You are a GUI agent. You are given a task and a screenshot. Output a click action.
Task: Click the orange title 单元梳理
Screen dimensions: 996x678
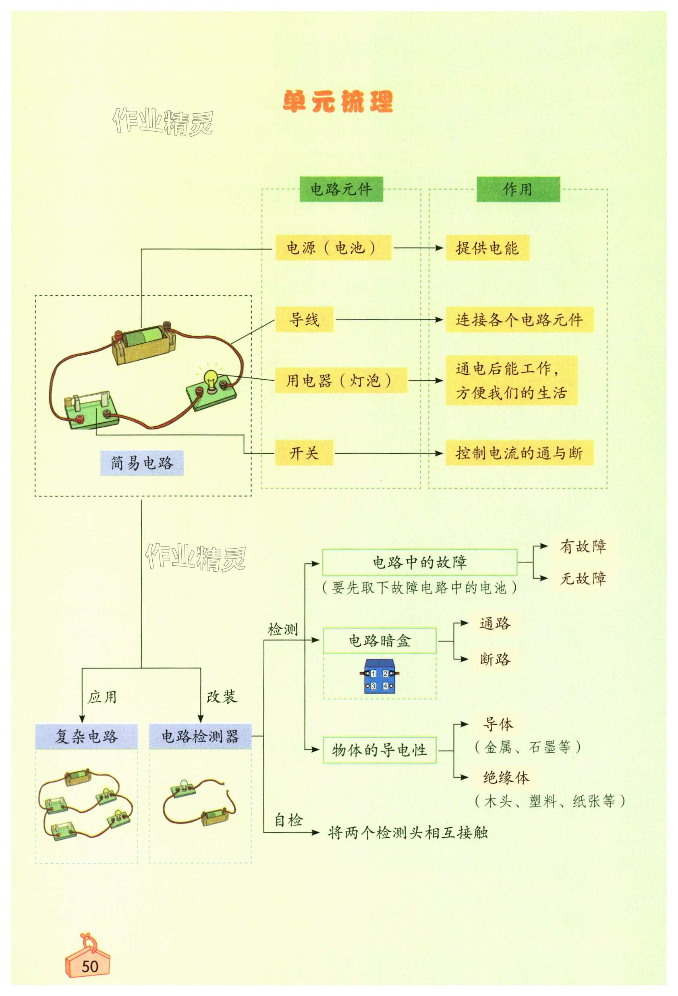[x=338, y=102]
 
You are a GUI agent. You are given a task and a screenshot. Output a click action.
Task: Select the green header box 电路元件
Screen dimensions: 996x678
[x=341, y=189]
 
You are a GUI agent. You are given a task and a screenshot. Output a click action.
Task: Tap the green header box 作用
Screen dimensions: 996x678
[x=518, y=189]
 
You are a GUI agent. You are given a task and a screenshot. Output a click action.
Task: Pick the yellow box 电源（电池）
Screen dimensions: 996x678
[x=333, y=247]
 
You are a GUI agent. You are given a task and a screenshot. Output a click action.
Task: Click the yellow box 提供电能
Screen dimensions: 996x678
[x=487, y=247]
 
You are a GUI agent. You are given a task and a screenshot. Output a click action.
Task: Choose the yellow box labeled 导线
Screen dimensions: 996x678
[x=304, y=319]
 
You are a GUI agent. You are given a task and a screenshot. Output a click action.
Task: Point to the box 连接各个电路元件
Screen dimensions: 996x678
[x=519, y=319]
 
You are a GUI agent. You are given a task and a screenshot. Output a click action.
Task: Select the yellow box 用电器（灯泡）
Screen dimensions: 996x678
[x=340, y=380]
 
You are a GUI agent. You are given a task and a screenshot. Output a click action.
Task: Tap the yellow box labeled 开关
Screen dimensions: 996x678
[x=304, y=452]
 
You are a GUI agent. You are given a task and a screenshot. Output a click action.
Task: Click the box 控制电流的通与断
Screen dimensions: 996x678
[x=519, y=452]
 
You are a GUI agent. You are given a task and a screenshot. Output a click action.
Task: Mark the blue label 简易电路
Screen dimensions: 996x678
[x=141, y=463]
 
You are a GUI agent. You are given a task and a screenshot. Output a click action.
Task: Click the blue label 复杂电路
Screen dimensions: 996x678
[x=86, y=736]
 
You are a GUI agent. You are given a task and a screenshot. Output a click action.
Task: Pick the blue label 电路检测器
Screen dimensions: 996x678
[x=200, y=736]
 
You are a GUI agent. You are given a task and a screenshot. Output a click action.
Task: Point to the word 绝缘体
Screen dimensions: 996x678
[x=506, y=777]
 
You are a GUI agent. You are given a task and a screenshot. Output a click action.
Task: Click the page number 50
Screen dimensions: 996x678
[x=90, y=967]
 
